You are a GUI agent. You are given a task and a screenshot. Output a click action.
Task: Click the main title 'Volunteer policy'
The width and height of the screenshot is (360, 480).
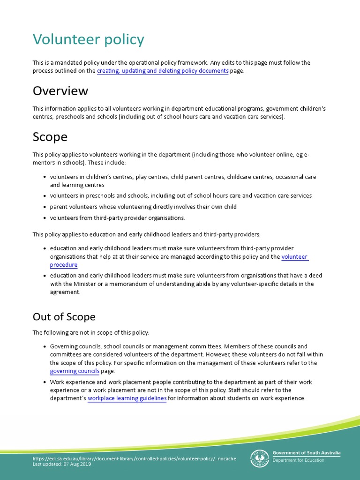[88, 40]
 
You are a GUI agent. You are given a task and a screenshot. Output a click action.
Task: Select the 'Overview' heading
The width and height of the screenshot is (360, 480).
[60, 90]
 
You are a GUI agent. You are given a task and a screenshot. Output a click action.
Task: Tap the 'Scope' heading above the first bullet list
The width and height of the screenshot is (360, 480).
[50, 137]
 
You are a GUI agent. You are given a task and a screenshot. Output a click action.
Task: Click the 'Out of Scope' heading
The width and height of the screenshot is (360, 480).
[64, 317]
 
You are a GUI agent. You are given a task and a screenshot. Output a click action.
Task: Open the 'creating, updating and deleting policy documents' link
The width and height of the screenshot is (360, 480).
[163, 71]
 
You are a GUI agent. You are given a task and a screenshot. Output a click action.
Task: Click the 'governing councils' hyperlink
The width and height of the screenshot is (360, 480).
[75, 371]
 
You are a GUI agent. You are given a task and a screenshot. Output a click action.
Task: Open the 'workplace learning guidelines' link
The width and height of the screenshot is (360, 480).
[127, 398]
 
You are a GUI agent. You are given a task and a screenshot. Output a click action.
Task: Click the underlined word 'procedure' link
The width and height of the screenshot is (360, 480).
[64, 265]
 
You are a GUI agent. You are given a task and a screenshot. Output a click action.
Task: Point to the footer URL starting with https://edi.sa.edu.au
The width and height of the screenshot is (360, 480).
[134, 458]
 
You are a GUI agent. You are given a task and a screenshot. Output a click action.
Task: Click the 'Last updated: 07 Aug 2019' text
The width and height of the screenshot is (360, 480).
[62, 464]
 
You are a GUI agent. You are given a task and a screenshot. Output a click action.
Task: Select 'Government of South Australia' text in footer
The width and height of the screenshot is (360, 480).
[307, 453]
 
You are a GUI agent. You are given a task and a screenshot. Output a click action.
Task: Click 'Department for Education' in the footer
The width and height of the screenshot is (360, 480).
[298, 460]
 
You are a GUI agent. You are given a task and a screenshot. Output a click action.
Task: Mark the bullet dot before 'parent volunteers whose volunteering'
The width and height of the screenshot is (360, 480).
[44, 207]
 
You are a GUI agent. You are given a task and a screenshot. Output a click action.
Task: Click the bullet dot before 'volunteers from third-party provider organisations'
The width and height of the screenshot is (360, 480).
[44, 218]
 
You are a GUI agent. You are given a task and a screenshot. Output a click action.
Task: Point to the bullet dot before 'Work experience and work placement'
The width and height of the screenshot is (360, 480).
[44, 382]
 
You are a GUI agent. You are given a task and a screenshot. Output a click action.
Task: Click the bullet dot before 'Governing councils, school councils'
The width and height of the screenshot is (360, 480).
[44, 346]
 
